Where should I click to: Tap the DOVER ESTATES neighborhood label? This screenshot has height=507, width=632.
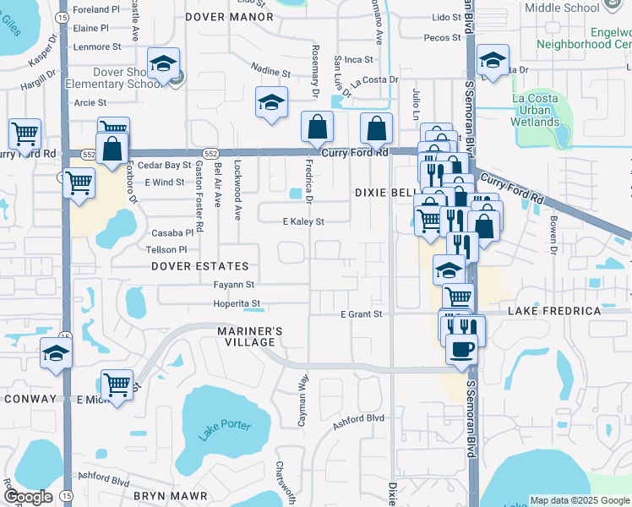pos(200,266)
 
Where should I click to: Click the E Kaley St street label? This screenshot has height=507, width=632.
pos(303,221)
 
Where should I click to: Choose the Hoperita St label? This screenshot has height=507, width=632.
pos(236,303)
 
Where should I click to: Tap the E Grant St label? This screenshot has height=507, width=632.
pos(362,314)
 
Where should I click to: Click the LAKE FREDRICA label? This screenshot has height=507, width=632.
pos(554,311)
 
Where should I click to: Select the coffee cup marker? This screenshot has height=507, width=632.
pos(461,349)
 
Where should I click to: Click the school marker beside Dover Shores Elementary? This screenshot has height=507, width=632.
pos(163,64)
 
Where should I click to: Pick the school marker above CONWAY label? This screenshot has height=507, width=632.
pos(56,354)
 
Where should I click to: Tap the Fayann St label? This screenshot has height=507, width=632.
pos(233,285)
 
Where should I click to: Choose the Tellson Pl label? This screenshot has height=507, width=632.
pos(166,249)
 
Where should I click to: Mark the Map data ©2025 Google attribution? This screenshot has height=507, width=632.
pos(580,500)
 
